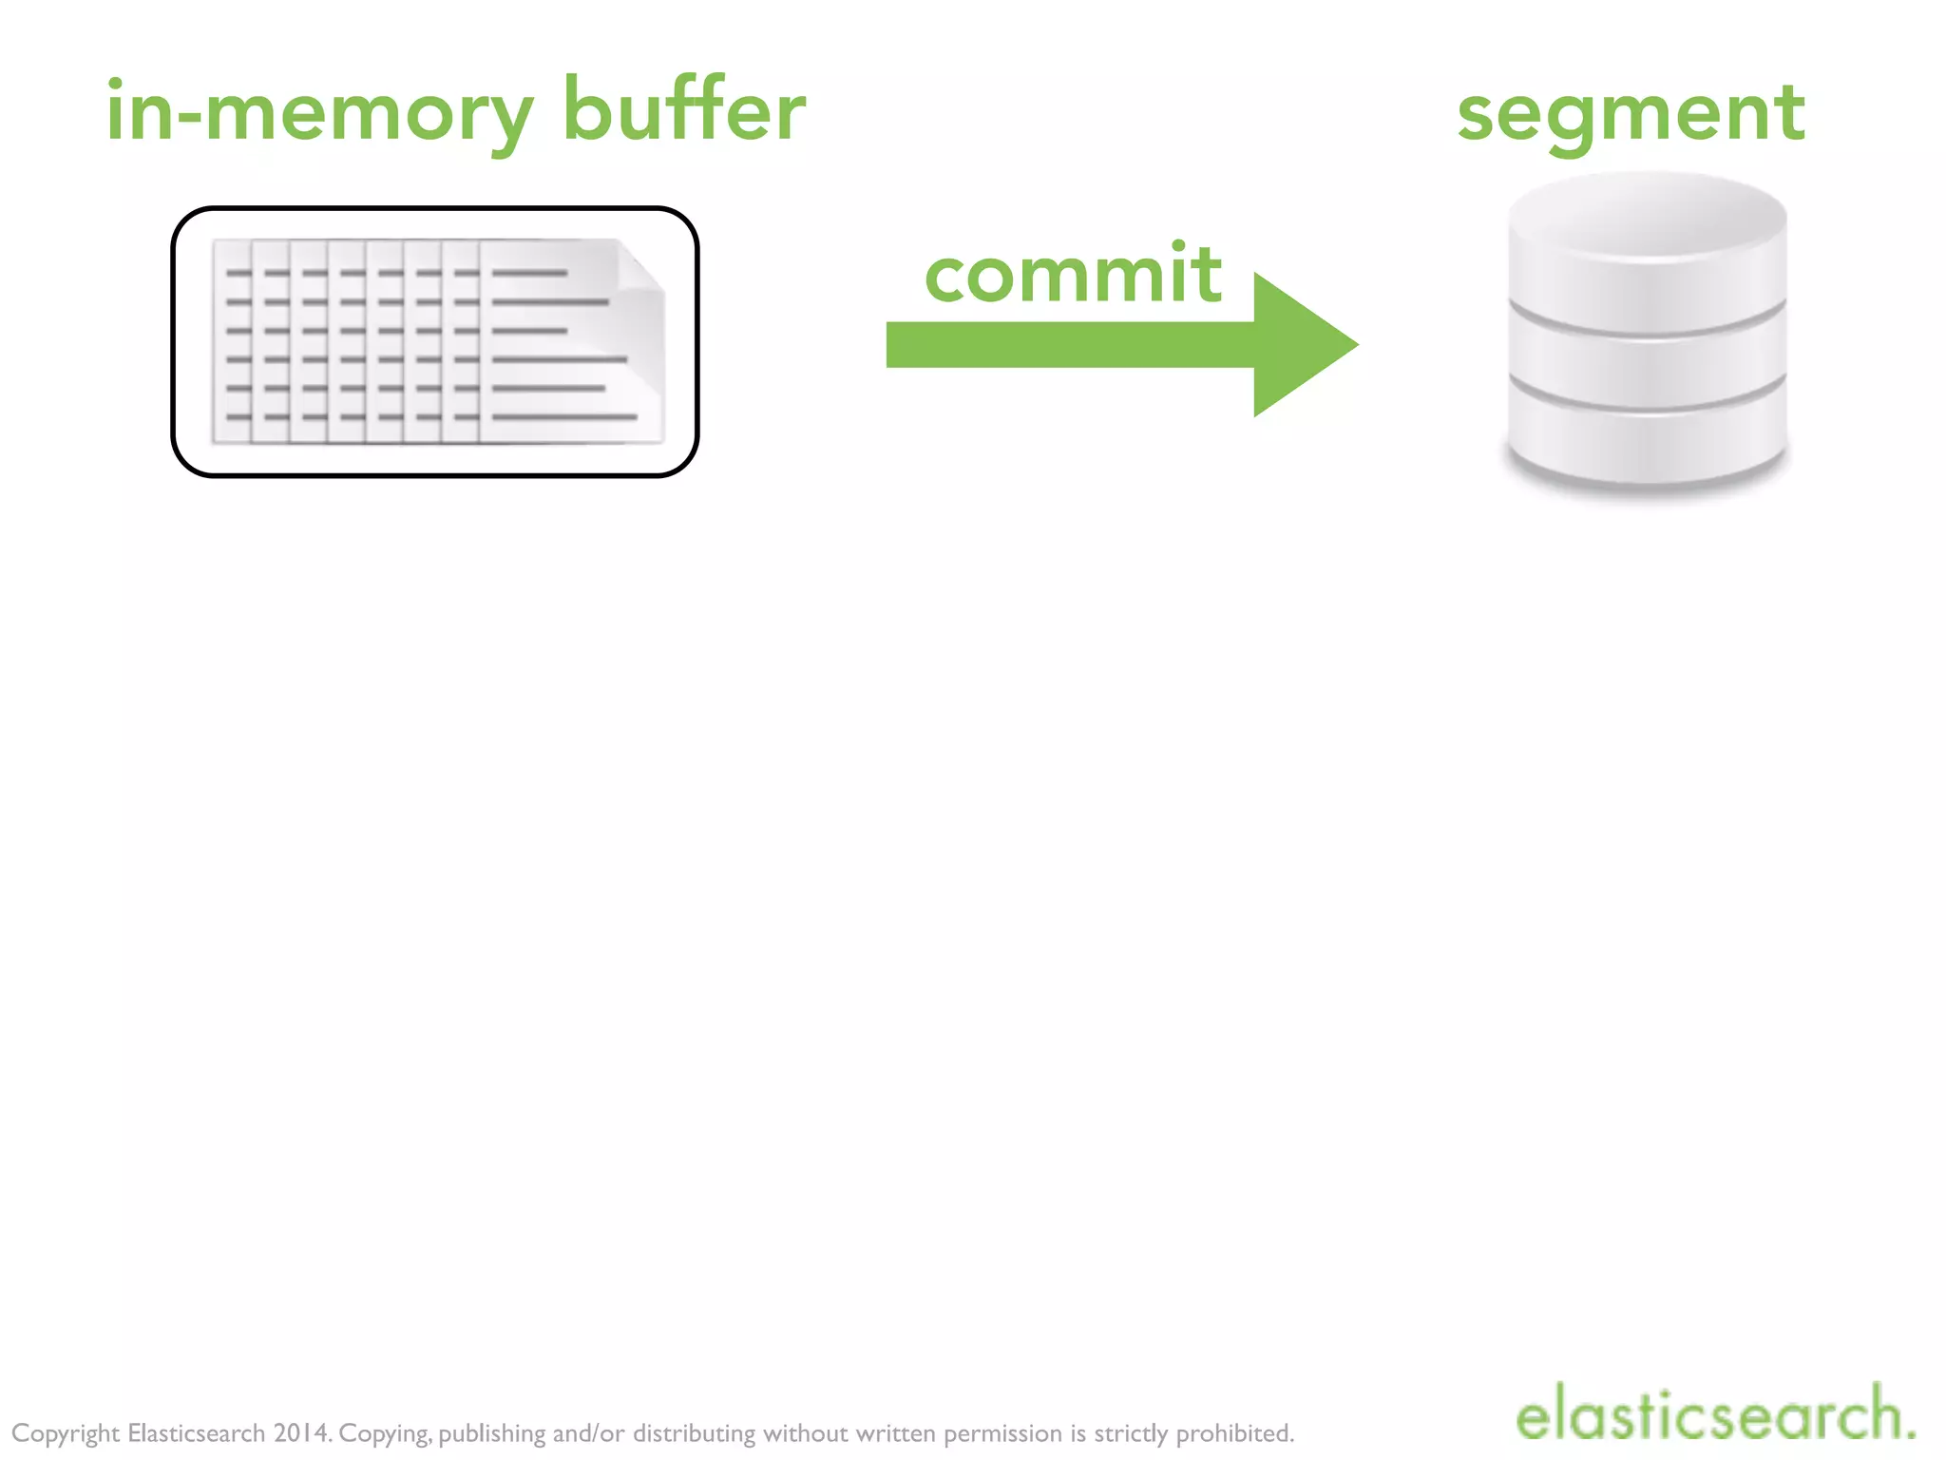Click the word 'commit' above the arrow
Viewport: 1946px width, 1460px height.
point(1073,275)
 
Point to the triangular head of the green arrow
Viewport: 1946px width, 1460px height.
point(1302,345)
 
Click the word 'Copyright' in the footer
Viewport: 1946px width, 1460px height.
point(66,1434)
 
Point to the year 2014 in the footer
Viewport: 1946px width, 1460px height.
point(301,1433)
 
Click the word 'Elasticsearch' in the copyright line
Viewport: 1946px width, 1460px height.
point(196,1433)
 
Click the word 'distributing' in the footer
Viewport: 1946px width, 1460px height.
point(694,1434)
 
